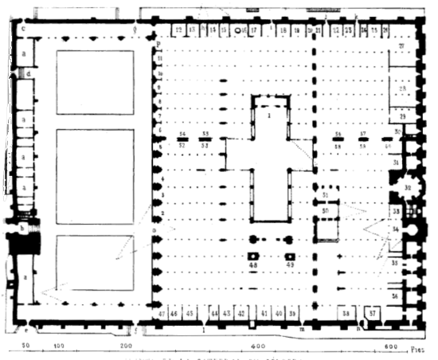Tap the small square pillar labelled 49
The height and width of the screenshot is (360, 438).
[290, 264]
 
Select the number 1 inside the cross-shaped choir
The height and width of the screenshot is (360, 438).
[269, 116]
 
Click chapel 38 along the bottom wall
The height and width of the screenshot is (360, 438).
[345, 314]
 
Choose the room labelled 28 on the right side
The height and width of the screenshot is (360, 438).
[403, 87]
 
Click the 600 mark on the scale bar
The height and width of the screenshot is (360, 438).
[390, 348]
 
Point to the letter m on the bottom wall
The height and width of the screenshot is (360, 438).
[301, 328]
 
